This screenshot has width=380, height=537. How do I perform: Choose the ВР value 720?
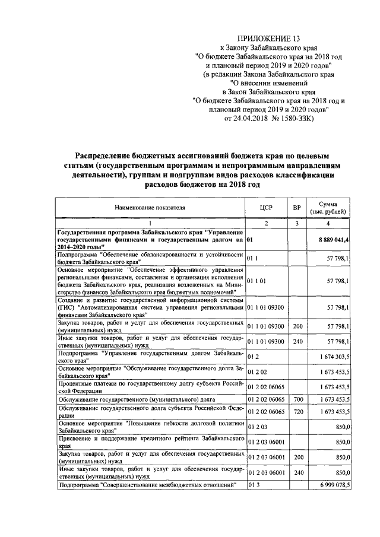click(x=297, y=412)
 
